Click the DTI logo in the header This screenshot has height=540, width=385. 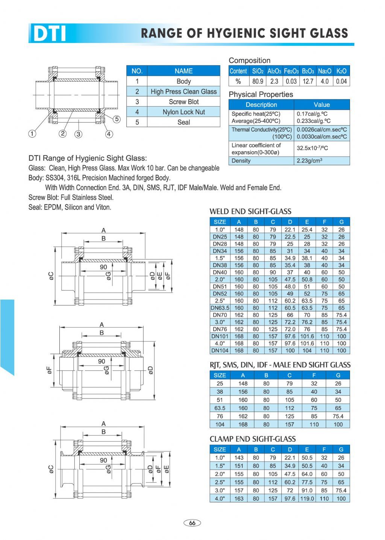pyautogui.click(x=49, y=33)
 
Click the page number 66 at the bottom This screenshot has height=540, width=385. pyautogui.click(x=192, y=523)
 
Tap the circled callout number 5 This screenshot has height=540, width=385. pyautogui.click(x=117, y=119)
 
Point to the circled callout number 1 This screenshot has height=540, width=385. pyautogui.click(x=33, y=134)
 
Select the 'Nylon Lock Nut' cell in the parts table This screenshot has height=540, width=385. pyautogui.click(x=183, y=112)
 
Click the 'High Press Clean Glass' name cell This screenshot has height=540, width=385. pyautogui.click(x=183, y=91)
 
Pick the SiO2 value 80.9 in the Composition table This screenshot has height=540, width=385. pyautogui.click(x=258, y=81)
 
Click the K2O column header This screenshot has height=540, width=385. pyautogui.click(x=341, y=71)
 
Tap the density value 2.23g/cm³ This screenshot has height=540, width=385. pyautogui.click(x=309, y=161)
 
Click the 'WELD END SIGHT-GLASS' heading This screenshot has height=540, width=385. pyautogui.click(x=250, y=211)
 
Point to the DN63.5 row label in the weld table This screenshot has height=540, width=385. pyautogui.click(x=220, y=308)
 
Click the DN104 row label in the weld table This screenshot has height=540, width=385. pyautogui.click(x=220, y=350)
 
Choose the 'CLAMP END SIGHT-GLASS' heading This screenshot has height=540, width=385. pyautogui.click(x=253, y=439)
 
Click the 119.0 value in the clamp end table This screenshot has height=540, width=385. pyautogui.click(x=307, y=499)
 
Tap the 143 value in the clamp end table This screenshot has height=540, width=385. pyautogui.click(x=239, y=458)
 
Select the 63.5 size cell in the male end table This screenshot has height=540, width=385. pyautogui.click(x=220, y=408)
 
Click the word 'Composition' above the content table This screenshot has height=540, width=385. pyautogui.click(x=250, y=61)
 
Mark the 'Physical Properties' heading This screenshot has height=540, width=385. pyautogui.click(x=261, y=94)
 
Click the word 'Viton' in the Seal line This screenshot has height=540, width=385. pyautogui.click(x=104, y=207)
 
